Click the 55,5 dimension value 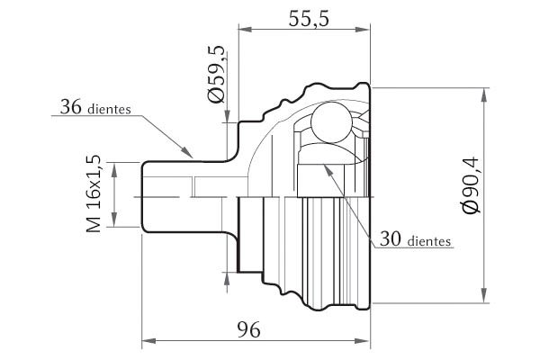(309, 18)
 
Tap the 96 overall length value (248, 330)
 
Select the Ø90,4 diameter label (471, 185)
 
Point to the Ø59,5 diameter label (217, 74)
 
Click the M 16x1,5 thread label (94, 193)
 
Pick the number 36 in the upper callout (71, 106)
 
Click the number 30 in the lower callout (391, 238)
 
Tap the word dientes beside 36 (109, 109)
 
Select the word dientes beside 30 (429, 241)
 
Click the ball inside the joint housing (331, 122)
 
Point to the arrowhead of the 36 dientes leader (186, 152)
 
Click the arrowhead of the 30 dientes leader (328, 170)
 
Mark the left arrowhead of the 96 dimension (148, 341)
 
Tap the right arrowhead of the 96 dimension (363, 341)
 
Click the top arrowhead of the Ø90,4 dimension (484, 95)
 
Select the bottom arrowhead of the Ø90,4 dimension (484, 295)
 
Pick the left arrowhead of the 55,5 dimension (246, 30)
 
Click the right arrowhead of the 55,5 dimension (363, 30)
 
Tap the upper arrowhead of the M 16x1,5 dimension (114, 169)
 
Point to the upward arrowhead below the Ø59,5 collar (227, 278)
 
